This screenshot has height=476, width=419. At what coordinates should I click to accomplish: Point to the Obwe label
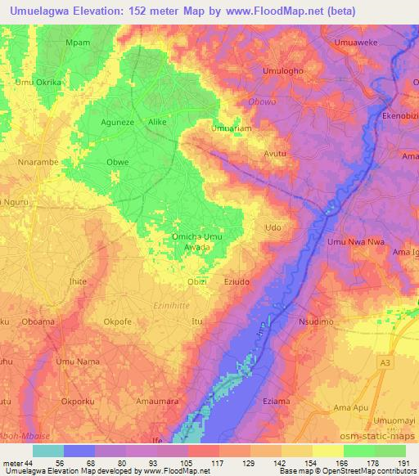click(x=118, y=163)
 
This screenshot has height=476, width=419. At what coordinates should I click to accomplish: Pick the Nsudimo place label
click(x=316, y=322)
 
